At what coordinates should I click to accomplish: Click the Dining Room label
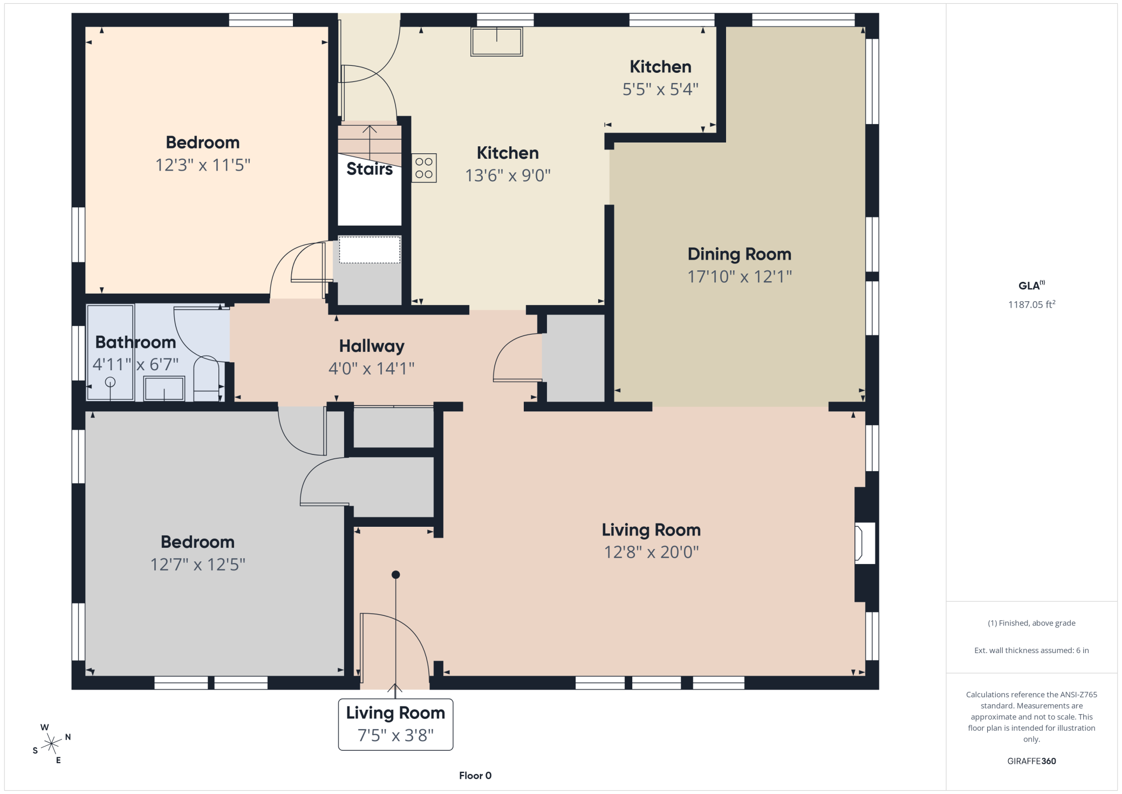(x=739, y=254)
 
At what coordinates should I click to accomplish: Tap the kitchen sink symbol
(x=496, y=42)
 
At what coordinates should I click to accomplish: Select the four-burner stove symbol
(x=424, y=168)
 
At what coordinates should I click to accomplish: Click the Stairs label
(x=370, y=169)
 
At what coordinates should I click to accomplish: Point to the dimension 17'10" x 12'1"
(x=740, y=277)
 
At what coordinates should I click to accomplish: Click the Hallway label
(x=372, y=346)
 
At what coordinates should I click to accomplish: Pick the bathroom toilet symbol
(x=206, y=377)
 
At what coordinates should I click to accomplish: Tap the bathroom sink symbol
(x=164, y=388)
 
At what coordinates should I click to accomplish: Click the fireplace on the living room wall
(x=865, y=543)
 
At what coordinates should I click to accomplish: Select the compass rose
(x=51, y=744)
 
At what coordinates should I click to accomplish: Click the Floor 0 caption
(x=475, y=776)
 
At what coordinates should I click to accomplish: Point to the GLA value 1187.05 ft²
(x=1031, y=304)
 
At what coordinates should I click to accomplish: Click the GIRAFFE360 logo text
(x=1031, y=761)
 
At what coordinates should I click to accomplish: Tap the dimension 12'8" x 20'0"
(x=651, y=552)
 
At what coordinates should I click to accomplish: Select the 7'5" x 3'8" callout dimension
(x=395, y=735)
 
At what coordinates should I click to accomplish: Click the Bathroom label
(x=135, y=342)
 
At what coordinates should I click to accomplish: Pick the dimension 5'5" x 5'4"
(x=660, y=89)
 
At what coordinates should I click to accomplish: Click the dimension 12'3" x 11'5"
(x=203, y=165)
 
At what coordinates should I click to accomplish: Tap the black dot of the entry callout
(x=395, y=575)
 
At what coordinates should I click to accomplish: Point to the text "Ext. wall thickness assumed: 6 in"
(x=1031, y=650)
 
